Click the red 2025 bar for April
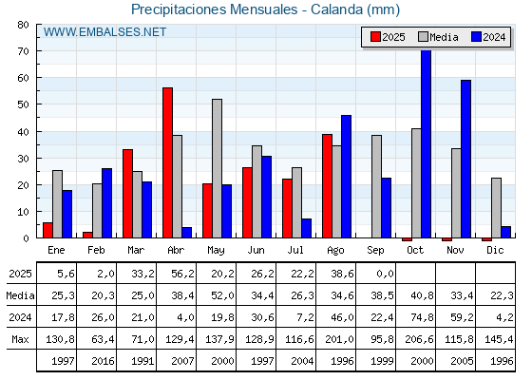pos(167,162)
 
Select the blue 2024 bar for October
pos(427,143)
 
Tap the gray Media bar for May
pos(218,168)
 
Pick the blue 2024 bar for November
pos(465,159)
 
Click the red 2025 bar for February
pos(87,235)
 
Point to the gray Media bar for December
pos(496,208)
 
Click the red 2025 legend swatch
pos(375,37)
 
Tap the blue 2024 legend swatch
pos(476,37)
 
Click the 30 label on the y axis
pos(23,159)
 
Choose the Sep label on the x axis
pos(375,251)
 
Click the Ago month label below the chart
pos(335,251)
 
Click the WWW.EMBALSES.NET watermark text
pos(104,32)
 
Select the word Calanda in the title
pos(336,9)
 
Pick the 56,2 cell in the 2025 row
pos(182,274)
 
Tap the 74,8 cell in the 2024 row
pos(423,317)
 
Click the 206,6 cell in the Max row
pos(419,339)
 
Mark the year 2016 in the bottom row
pos(103,361)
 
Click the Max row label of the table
pos(20,339)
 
